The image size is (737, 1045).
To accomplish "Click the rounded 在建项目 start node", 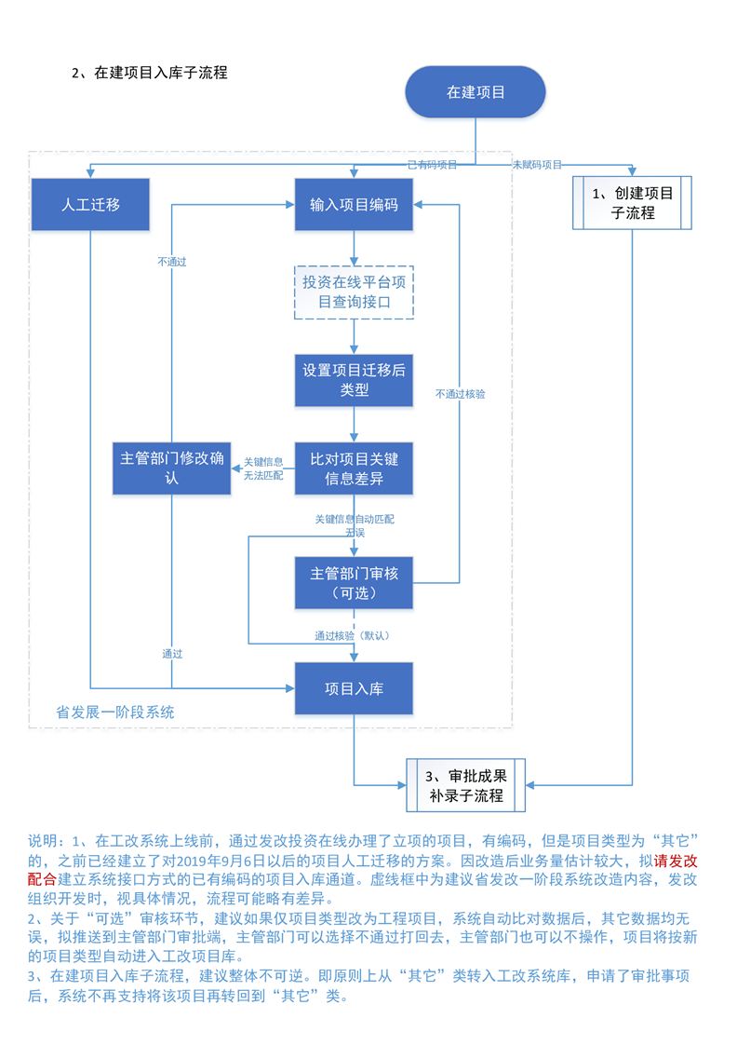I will click(x=475, y=92).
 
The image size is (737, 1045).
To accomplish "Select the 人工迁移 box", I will click(x=90, y=205).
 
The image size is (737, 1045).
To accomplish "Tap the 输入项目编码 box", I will click(x=354, y=205).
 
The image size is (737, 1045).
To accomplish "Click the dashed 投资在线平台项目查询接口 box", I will click(x=354, y=292).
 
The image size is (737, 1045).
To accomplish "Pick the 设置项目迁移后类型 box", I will click(x=354, y=380).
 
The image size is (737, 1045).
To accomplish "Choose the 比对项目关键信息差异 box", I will click(x=354, y=468).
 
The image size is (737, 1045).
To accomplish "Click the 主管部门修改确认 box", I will click(x=171, y=468).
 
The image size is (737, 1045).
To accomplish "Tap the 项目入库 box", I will click(x=354, y=689).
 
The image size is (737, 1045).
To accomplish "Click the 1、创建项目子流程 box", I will click(x=632, y=203).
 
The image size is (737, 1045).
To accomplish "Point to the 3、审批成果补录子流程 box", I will click(x=465, y=785).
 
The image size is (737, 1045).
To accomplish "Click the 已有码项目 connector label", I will click(x=432, y=165).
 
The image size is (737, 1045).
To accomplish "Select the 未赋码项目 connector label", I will click(x=537, y=165).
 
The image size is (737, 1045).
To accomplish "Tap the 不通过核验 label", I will click(x=460, y=394).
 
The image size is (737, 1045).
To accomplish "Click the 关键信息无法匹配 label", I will click(x=263, y=468).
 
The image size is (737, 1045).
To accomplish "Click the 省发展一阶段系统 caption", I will click(x=115, y=712).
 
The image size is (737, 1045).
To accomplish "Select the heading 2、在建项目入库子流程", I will click(x=150, y=73).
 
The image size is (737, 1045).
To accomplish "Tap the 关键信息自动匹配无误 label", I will click(x=355, y=525).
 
